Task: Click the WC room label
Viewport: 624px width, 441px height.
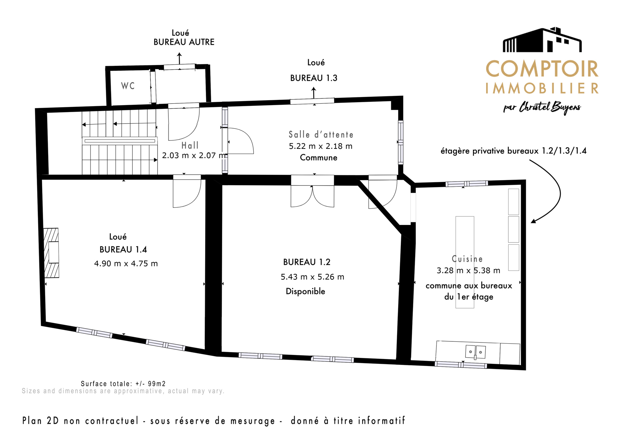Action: [128, 86]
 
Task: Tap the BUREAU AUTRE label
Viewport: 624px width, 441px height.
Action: [184, 42]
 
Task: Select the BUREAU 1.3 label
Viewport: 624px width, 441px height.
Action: [314, 78]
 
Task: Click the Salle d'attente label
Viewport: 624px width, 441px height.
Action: [321, 135]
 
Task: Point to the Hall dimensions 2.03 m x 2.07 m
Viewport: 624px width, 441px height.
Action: [194, 155]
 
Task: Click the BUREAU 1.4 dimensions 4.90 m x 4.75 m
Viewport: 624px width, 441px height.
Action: [126, 263]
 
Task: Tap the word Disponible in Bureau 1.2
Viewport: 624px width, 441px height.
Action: [306, 291]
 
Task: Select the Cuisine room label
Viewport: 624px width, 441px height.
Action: [467, 259]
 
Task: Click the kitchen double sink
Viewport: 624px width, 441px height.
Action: [475, 352]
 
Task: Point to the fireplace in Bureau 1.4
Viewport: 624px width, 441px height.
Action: [51, 253]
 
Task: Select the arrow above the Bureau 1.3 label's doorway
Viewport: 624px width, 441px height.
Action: [314, 93]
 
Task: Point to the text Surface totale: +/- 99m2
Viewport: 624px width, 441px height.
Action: [123, 384]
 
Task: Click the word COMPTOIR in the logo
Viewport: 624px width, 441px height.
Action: [542, 69]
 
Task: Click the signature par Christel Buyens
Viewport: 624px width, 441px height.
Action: [542, 108]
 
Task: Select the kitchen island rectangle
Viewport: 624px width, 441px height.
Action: [465, 262]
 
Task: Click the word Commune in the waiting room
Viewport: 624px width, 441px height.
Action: [319, 158]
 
